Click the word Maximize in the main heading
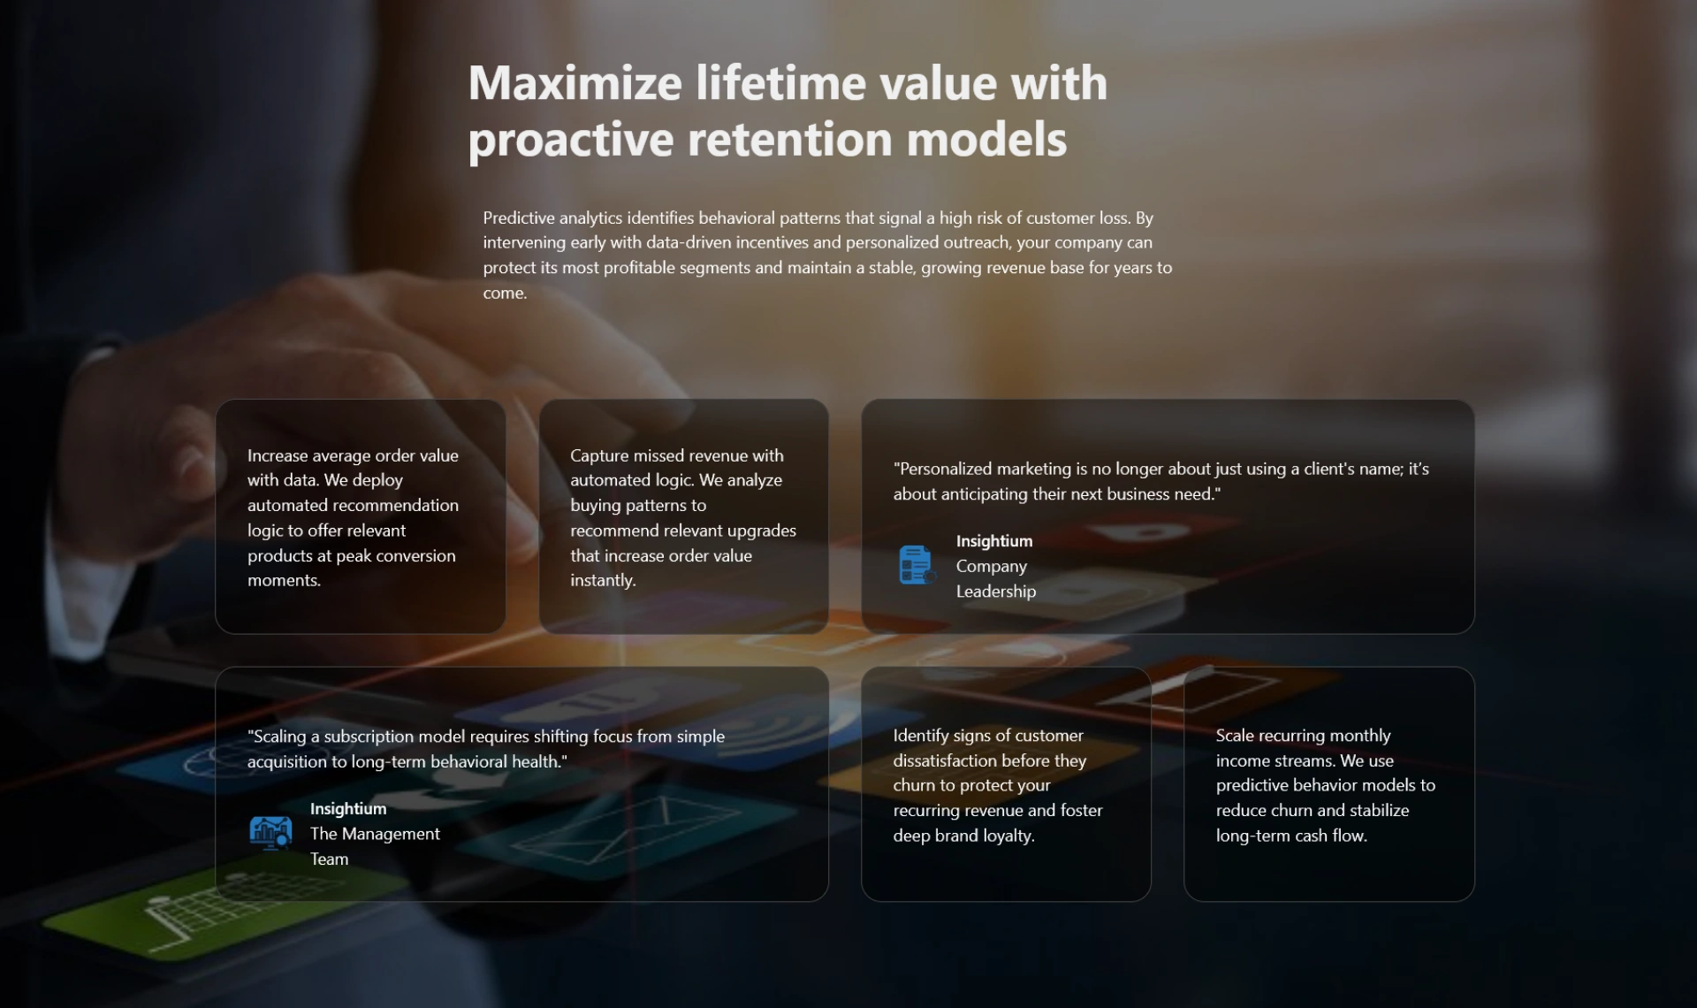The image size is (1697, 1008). [x=575, y=83]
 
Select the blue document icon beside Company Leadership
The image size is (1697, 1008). [x=917, y=565]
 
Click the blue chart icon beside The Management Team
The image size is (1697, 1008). [x=270, y=833]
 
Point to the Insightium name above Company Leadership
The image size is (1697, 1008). [x=993, y=541]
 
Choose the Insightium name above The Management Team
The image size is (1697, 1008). [x=347, y=809]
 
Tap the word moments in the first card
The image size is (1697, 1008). [x=282, y=581]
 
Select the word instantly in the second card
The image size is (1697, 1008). [x=602, y=581]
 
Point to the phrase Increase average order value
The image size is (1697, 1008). [x=353, y=456]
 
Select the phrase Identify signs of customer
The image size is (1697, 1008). [x=987, y=736]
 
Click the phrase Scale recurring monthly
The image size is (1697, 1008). [x=1303, y=736]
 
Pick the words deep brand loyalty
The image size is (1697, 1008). [x=963, y=836]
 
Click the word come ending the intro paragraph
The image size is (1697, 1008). [x=504, y=294]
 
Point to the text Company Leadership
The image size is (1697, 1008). [x=995, y=579]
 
